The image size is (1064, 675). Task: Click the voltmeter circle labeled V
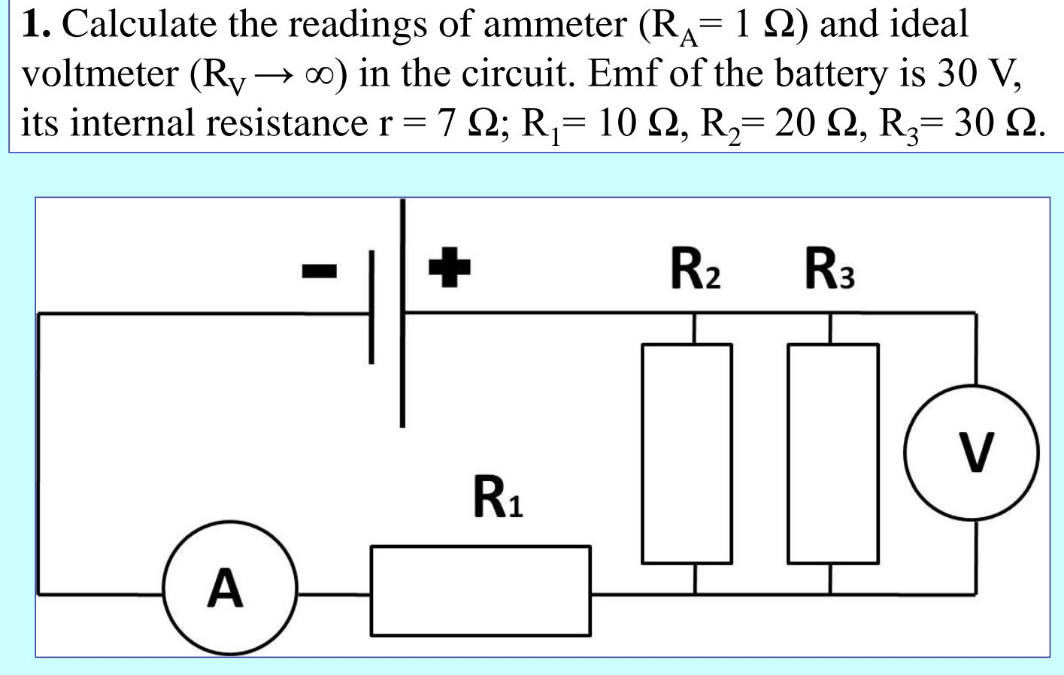[x=972, y=453]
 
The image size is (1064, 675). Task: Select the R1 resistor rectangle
[x=480, y=591]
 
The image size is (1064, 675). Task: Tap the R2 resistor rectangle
[x=687, y=453]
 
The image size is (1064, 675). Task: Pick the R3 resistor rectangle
[x=832, y=453]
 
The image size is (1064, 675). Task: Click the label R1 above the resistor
[x=497, y=498]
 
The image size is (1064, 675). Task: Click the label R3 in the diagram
[x=829, y=270]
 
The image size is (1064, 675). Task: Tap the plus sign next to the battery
[x=449, y=268]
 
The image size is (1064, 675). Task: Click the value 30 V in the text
[x=977, y=74]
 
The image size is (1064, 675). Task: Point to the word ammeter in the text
[x=555, y=24]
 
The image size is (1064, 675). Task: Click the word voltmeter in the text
[x=99, y=74]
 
